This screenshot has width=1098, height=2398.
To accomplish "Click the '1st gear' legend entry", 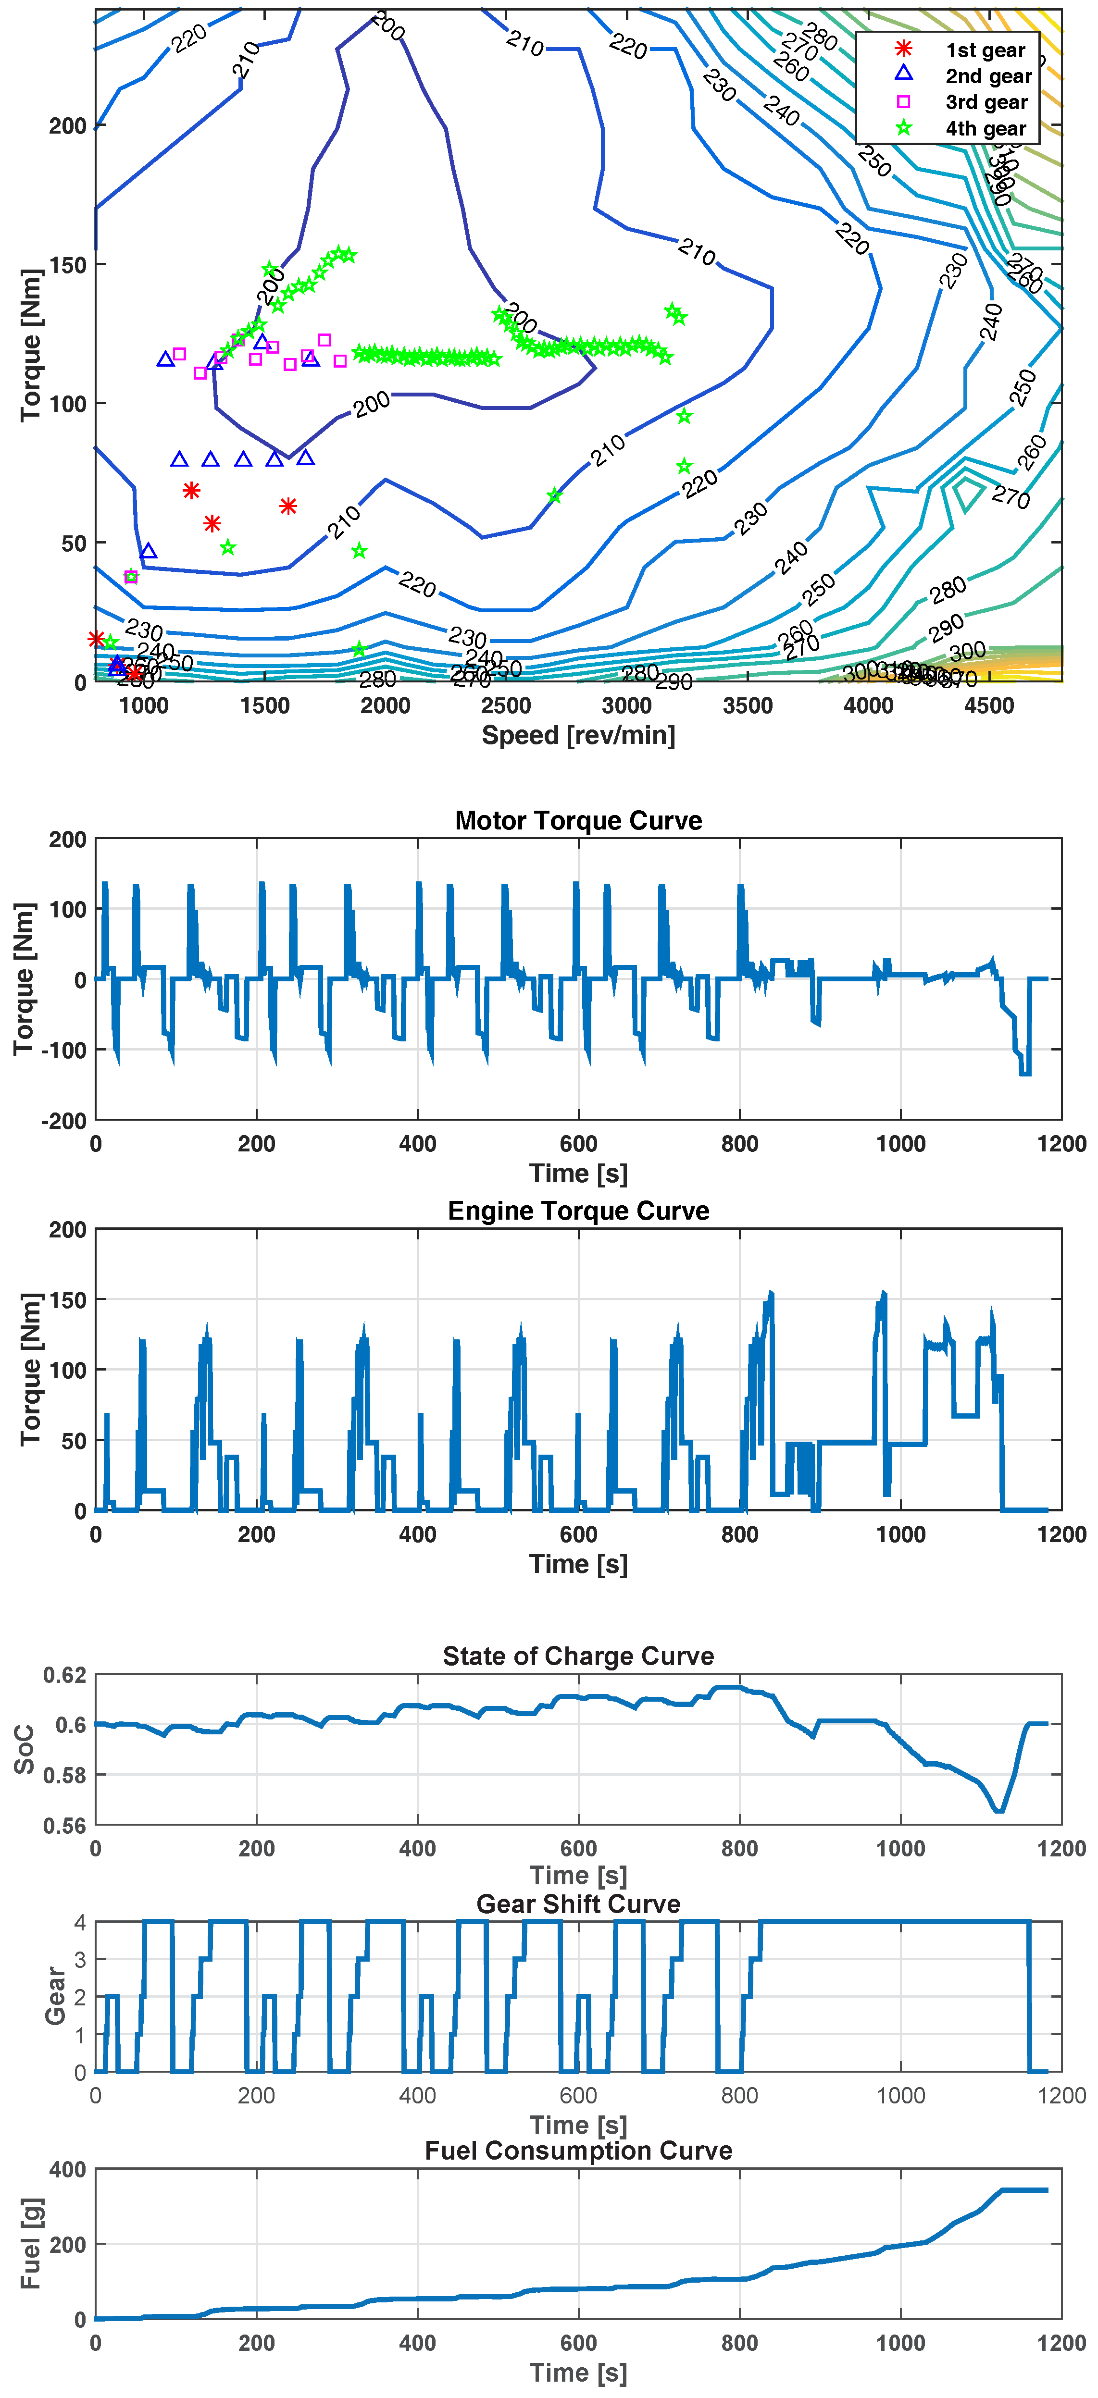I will click(985, 50).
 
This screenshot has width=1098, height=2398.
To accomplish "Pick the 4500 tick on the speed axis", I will click(989, 705).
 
